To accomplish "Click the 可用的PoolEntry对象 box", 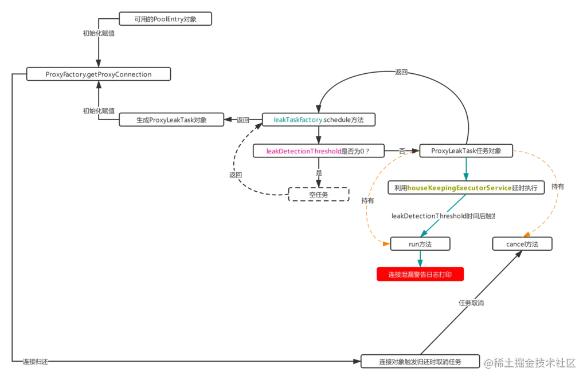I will (165, 19).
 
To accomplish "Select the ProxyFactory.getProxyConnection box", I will (99, 74).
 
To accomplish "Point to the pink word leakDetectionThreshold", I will (304, 151).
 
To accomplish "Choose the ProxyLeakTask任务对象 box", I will (466, 151).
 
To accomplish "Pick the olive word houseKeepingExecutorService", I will (459, 188).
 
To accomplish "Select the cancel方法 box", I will (522, 244).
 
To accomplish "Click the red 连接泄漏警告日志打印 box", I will (420, 275).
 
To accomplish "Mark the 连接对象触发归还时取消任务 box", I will (420, 362).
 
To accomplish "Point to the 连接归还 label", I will (36, 362).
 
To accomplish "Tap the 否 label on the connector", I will (402, 151).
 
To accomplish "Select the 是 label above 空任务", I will (319, 172).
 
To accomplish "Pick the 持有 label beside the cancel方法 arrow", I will (557, 187).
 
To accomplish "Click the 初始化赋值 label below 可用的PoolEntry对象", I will (99, 33).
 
